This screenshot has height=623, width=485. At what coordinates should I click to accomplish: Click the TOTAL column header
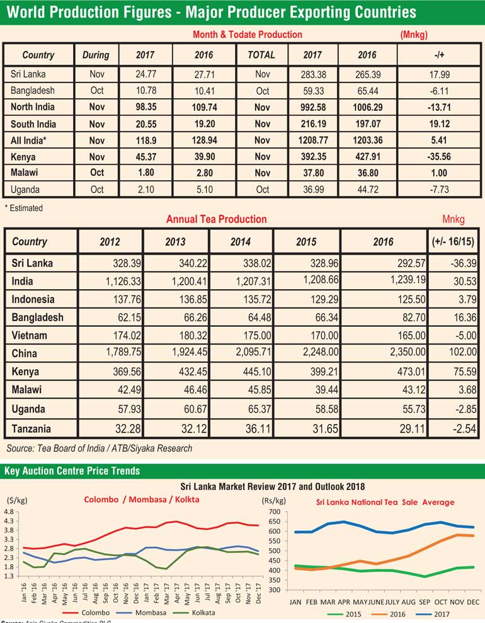261,55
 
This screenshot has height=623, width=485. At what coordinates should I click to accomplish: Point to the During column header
96,55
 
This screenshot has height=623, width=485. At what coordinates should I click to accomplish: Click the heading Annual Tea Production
216,219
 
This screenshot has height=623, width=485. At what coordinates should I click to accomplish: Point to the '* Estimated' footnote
23,207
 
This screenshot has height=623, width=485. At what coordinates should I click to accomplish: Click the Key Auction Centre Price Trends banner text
72,471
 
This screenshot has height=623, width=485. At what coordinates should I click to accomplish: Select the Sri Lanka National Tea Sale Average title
385,502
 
